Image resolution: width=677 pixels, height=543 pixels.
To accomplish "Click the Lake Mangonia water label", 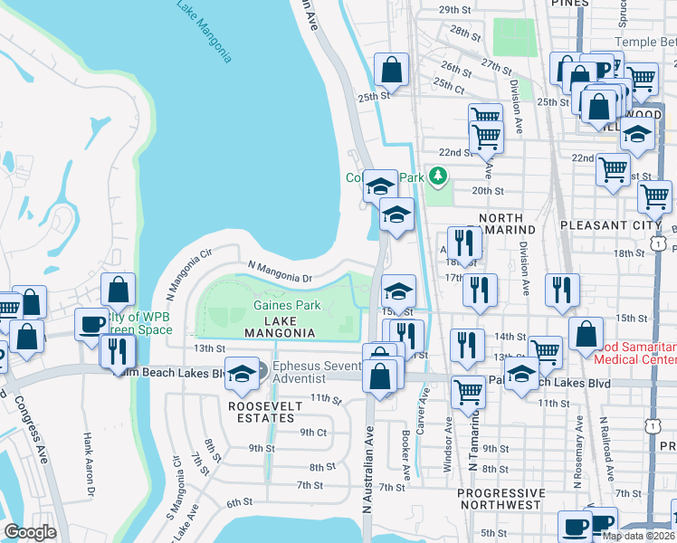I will [x=205, y=31].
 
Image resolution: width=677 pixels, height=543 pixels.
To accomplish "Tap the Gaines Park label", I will [x=287, y=306].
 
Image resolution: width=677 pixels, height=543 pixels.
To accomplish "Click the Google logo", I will [x=29, y=532].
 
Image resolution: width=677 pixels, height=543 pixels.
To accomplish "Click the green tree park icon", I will [x=439, y=175].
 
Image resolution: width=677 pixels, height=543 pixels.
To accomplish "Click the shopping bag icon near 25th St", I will [x=391, y=69].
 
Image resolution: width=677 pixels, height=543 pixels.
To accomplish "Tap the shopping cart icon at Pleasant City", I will [x=654, y=195].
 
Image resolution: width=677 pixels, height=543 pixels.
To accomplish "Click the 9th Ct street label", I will [x=313, y=432].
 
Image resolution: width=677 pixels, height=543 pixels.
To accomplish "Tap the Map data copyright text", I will [x=638, y=536].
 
